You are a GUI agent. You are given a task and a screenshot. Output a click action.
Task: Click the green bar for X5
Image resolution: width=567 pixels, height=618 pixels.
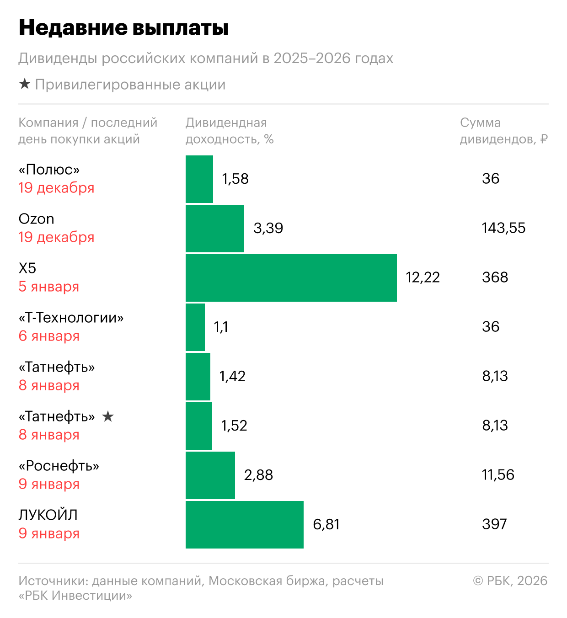[x=291, y=278]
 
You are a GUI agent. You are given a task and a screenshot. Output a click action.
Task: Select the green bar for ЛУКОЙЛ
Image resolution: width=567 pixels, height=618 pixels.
[x=244, y=525]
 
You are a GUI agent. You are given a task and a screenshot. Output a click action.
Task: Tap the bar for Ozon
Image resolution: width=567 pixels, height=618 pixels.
[x=214, y=229]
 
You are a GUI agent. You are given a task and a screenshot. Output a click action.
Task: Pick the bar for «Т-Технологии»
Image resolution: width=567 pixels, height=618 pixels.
[x=195, y=327]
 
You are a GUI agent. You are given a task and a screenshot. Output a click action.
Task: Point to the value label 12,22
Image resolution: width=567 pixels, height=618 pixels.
[x=423, y=277]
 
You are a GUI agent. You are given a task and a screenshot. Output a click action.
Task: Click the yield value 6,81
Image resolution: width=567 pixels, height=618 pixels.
[x=326, y=524]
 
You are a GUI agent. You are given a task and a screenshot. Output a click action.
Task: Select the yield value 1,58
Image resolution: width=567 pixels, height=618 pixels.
[x=235, y=179]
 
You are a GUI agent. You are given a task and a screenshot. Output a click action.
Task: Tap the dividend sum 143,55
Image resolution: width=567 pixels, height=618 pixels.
[x=503, y=228]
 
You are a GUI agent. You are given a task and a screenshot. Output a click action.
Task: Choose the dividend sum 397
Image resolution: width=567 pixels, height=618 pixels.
[x=494, y=524]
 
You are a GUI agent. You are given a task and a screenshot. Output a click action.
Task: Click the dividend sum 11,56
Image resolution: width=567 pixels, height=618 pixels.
[x=498, y=475]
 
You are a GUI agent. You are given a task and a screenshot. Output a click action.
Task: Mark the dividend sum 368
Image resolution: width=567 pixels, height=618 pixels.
[x=495, y=277]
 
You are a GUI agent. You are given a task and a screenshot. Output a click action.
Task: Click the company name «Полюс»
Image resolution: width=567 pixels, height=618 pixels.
[x=49, y=170]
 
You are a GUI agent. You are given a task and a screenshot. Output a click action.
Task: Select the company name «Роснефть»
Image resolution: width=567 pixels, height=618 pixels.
[x=59, y=466]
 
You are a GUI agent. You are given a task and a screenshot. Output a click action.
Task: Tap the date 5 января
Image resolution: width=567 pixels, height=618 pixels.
[x=49, y=287]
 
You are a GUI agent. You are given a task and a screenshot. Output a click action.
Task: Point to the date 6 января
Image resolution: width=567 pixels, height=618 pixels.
[x=49, y=336]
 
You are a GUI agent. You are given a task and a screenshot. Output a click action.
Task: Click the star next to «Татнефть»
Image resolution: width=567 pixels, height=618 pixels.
[x=108, y=416]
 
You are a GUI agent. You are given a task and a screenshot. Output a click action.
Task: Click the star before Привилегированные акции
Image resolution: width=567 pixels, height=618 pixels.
[x=25, y=84]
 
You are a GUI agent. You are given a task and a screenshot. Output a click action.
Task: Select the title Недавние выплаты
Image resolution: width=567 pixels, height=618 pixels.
[x=123, y=28]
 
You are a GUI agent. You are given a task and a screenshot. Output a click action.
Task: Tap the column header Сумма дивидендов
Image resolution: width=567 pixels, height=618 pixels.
[x=503, y=131]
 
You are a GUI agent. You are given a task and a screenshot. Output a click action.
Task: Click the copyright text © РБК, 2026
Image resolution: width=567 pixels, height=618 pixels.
[x=510, y=581]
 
